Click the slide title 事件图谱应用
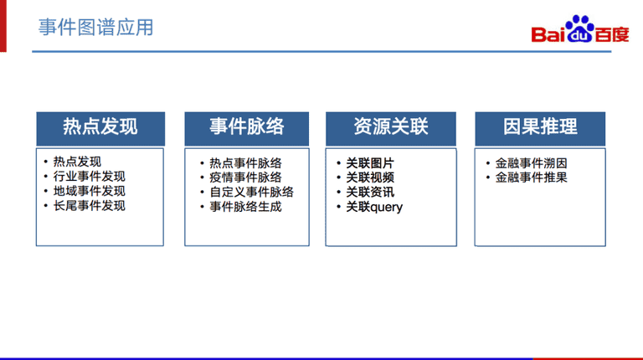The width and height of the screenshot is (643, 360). pos(96,28)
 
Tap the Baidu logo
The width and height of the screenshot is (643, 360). pos(580,29)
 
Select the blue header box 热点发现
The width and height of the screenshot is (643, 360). pos(100,129)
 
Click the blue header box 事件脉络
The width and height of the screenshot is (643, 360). pos(246,129)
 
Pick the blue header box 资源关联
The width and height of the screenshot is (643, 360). pos(391,129)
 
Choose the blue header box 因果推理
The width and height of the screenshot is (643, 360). pos(540,129)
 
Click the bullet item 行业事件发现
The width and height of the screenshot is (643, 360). pos(89,177)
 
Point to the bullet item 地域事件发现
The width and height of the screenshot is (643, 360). pos(89,191)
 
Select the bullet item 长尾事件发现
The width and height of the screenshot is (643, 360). pos(89,206)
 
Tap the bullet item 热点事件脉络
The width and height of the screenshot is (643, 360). pos(245,163)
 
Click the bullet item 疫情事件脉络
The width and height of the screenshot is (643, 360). pos(245,177)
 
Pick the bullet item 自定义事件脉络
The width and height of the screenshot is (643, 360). pos(252,193)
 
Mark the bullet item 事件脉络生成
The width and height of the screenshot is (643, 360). pos(245,207)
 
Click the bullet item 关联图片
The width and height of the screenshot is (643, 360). pos(370,163)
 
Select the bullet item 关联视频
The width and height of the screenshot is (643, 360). pos(370,177)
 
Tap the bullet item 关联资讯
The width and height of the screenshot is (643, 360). pos(370,193)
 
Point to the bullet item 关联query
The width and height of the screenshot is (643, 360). pos(374,207)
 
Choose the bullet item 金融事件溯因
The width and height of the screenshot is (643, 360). pos(531,163)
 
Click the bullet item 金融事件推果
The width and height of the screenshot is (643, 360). pos(531,177)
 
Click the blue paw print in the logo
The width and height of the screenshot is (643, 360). pos(579,28)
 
